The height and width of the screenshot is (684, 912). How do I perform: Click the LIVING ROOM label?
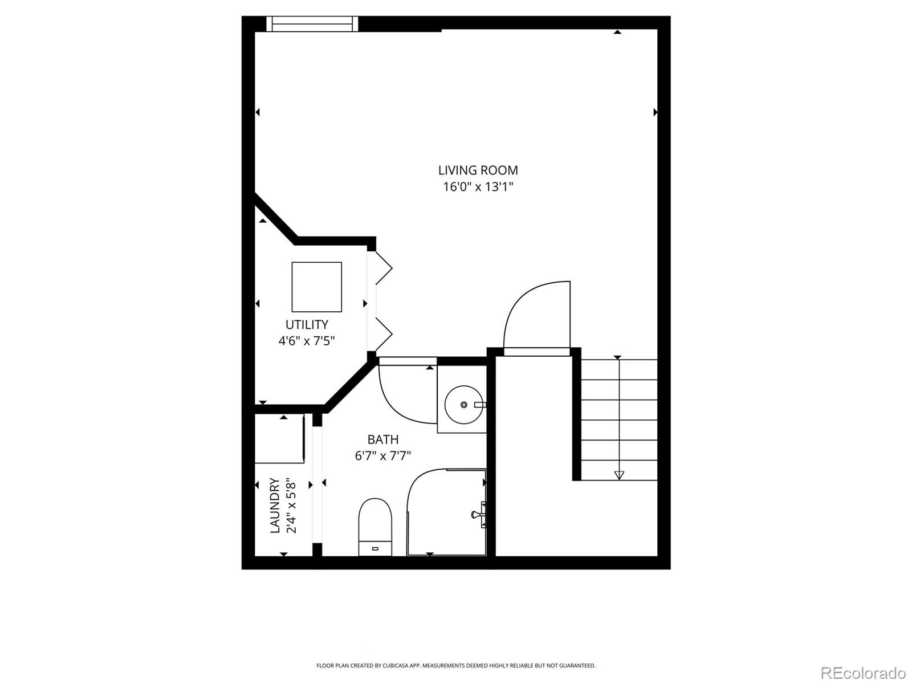478,170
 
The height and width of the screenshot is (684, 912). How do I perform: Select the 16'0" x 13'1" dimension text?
478,187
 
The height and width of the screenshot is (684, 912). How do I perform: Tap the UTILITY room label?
307,324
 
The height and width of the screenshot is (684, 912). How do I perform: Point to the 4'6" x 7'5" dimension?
306,341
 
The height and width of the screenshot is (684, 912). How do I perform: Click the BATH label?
382,439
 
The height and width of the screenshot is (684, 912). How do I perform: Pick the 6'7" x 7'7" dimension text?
382,456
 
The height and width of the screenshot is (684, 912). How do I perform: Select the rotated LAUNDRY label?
275,506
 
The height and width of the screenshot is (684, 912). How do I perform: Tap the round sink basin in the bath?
463,405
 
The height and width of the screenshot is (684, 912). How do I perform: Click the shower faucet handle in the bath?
477,514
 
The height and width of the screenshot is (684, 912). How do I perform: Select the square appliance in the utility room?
317,287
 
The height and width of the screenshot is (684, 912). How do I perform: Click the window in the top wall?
312,23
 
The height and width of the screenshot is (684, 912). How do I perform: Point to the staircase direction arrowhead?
619,475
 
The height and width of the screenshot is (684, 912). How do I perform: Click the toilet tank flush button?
375,548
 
